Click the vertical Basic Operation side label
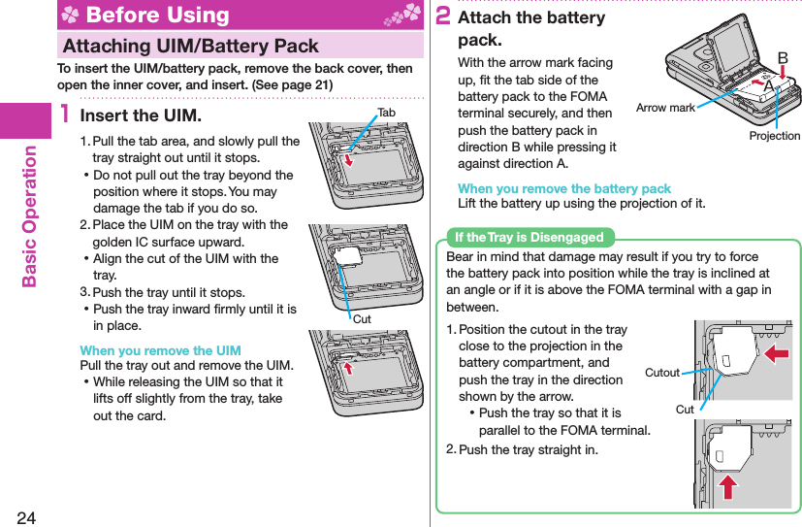(29, 215)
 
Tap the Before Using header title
(157, 16)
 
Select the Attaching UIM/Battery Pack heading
(190, 46)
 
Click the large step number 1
(64, 115)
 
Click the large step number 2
(442, 16)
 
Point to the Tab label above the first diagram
(387, 113)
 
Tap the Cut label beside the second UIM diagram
(362, 318)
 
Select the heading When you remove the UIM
(160, 350)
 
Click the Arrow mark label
(665, 108)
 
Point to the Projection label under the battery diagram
(775, 136)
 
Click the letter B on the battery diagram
(782, 58)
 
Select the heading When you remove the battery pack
(563, 188)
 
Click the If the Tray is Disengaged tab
(529, 238)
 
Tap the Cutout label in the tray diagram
(662, 372)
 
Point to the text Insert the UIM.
(141, 115)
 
